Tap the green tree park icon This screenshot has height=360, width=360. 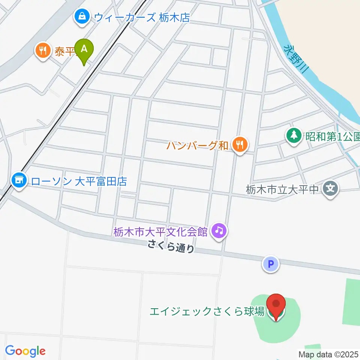(x=294, y=135)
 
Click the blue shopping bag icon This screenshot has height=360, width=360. (x=81, y=16)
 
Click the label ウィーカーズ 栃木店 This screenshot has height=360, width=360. (x=142, y=17)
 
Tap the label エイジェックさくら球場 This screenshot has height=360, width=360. (x=207, y=311)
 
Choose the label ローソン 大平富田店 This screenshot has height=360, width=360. (x=79, y=182)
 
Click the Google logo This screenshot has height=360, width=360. (x=25, y=351)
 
